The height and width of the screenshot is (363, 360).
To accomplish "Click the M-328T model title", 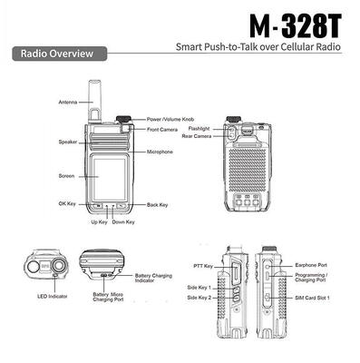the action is coord(296,25).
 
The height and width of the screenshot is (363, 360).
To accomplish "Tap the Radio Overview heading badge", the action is coord(60,54).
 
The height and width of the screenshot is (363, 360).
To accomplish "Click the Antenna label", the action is coord(68,103).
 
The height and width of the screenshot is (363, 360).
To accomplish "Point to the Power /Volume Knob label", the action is coord(170,120).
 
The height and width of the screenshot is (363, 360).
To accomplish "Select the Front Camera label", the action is coord(162,130).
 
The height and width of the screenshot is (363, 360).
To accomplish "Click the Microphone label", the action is coord(160,152).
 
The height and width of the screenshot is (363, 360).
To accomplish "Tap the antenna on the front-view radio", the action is coord(94,101).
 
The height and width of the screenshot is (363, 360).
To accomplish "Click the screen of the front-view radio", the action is coord(109,179).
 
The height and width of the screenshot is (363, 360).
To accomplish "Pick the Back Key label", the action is coord(157,205).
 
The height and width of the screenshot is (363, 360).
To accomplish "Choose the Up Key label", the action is coord(99,222).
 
